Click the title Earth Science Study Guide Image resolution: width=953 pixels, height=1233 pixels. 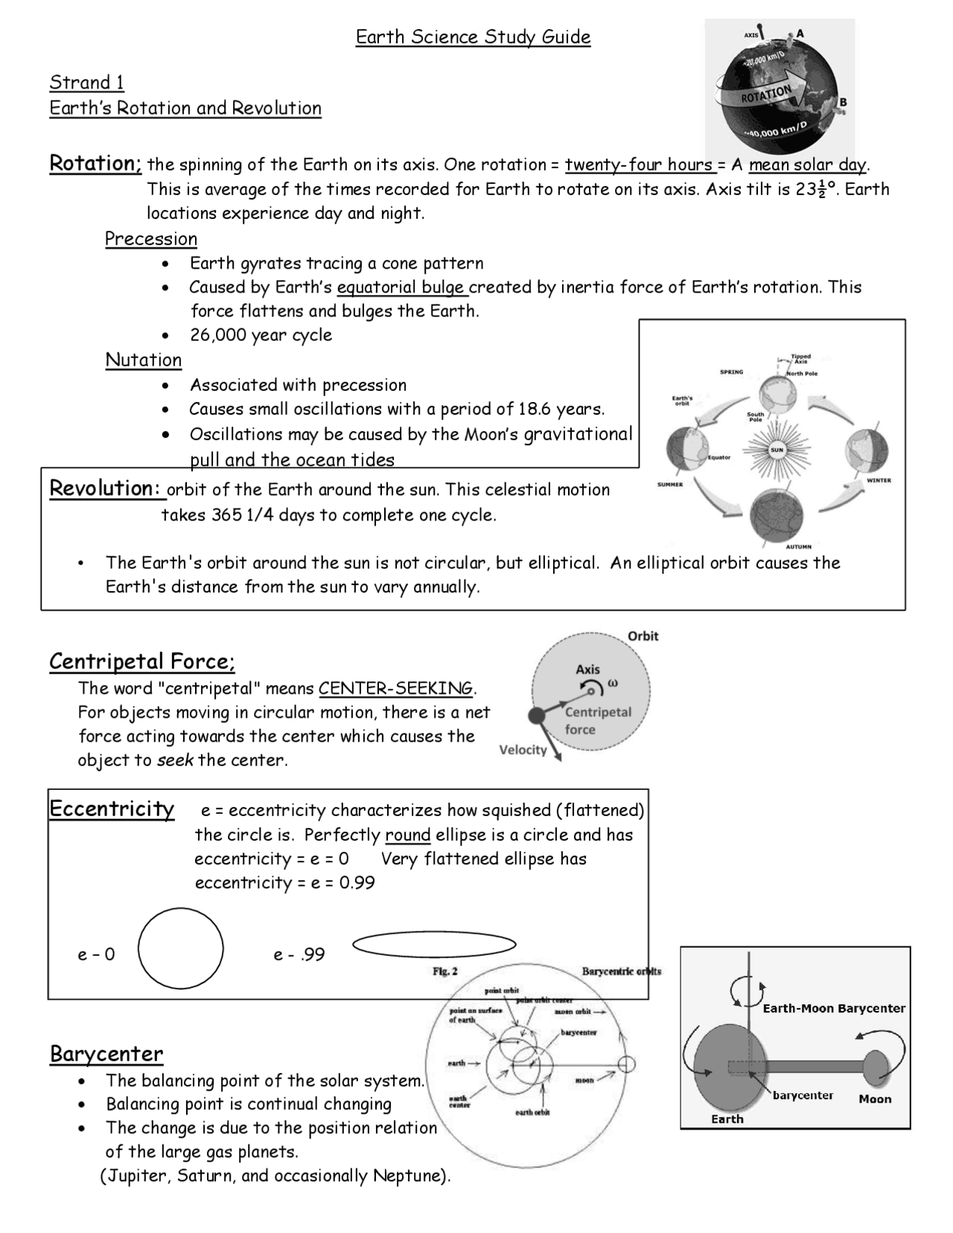point(473,37)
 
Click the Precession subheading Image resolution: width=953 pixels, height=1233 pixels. point(150,239)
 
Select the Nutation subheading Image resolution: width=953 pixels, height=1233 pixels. point(143,360)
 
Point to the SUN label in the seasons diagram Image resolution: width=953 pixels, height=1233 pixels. point(777,450)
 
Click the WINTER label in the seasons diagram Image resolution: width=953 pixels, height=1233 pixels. point(879,480)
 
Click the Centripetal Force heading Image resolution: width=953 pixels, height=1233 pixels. point(142,661)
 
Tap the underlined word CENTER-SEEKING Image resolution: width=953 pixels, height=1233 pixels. point(395,688)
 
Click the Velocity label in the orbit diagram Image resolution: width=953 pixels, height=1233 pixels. point(523,750)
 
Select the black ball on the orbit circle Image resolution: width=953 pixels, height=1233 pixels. point(536,716)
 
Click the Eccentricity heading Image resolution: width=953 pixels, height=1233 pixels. point(112,809)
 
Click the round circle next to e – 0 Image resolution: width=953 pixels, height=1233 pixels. point(180,948)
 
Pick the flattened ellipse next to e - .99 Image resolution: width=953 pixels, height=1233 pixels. point(434,944)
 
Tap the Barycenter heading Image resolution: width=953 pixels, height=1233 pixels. point(106,1054)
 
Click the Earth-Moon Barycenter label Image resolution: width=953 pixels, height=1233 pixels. point(833,1008)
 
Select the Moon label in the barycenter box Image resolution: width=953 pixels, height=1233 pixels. point(874,1099)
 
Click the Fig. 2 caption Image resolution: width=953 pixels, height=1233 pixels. point(445,971)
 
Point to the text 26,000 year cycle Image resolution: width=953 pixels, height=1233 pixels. point(261,335)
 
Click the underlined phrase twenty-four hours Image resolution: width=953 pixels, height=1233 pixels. point(639,165)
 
